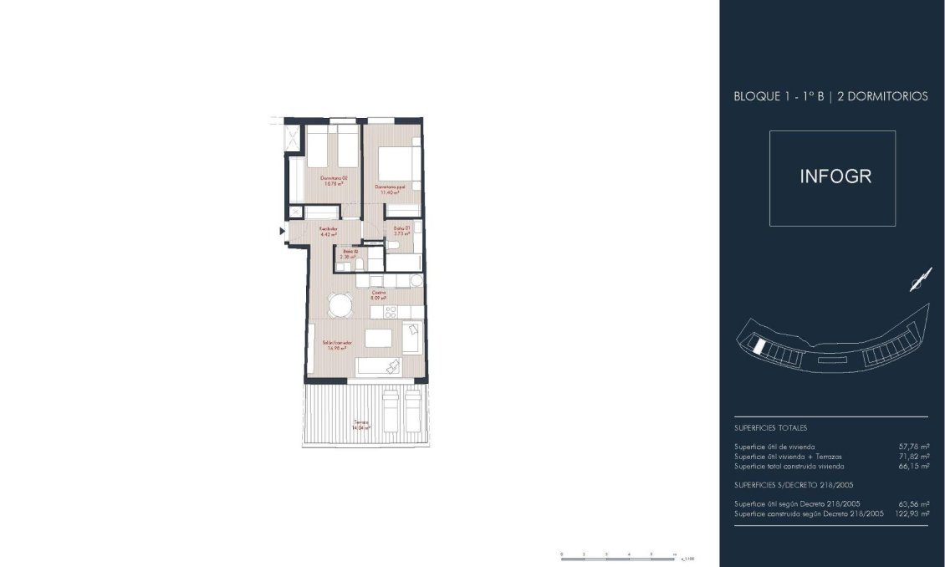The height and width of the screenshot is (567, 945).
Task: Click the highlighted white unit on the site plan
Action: [x=757, y=345]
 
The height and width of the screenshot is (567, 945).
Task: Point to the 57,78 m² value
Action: [x=912, y=447]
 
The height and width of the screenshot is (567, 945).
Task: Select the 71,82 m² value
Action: [x=912, y=457]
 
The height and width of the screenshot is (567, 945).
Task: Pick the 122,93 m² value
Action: [x=910, y=513]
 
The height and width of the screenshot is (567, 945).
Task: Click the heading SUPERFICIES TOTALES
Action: [x=770, y=427]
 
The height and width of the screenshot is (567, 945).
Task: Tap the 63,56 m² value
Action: [x=912, y=504]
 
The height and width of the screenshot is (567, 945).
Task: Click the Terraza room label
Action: [x=361, y=424]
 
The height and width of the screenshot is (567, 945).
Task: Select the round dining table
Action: [x=340, y=305]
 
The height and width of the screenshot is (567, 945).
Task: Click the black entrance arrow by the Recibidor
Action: [x=282, y=232]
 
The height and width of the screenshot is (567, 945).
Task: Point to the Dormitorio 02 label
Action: [x=334, y=181]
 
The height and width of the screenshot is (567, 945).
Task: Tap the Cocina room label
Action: [x=378, y=294]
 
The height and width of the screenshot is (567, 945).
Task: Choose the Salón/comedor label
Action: [x=337, y=345]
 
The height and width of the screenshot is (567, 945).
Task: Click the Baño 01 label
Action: [x=401, y=231]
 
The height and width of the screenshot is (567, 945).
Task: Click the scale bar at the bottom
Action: [x=619, y=554]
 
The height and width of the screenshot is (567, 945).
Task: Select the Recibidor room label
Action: [x=328, y=231]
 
